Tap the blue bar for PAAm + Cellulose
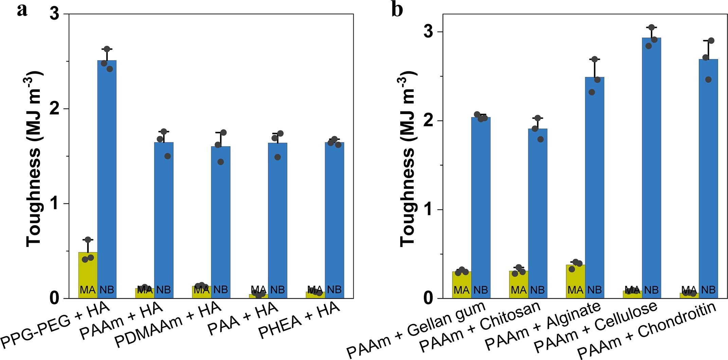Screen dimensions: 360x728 tap(651, 166)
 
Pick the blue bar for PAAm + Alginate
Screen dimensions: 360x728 tap(594, 187)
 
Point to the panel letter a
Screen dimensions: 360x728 tap(22, 10)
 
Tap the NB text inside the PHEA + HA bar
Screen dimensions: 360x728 tap(334, 290)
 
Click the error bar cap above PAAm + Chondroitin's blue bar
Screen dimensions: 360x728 tap(708, 41)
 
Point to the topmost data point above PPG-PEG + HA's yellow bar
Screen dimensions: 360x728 tap(88, 240)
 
